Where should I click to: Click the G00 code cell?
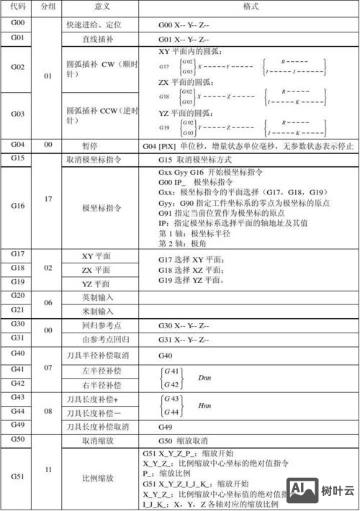17,24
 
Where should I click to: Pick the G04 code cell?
17,145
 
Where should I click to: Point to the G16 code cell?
17,207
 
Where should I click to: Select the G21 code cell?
17,309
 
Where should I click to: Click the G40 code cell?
17,353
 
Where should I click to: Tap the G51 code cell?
17,476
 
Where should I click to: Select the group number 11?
47,469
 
